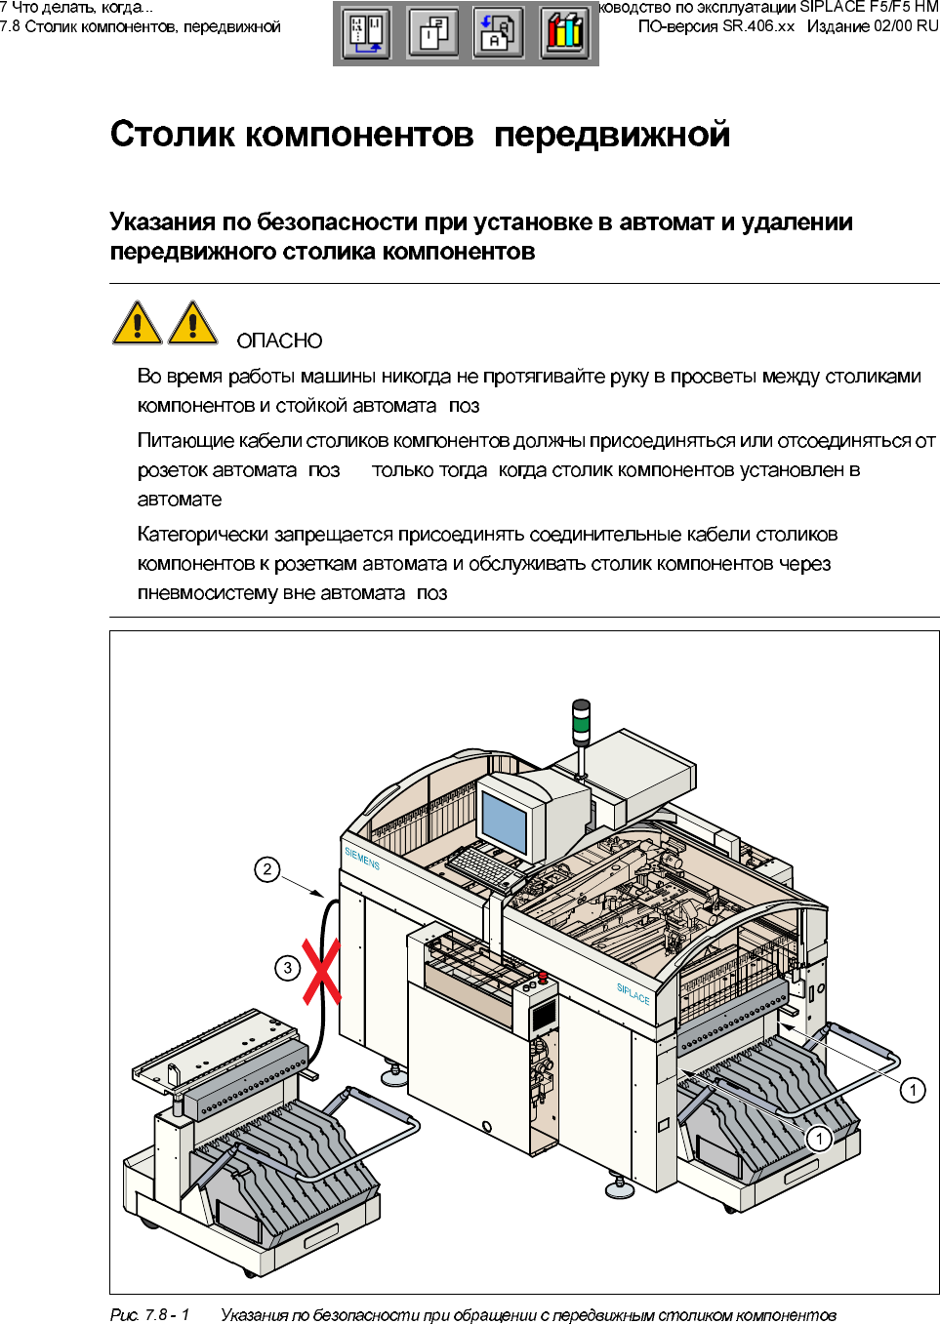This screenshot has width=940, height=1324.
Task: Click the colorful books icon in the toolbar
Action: point(565,32)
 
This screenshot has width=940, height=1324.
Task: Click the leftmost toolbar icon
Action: point(367,32)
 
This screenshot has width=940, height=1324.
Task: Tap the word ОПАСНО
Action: point(279,341)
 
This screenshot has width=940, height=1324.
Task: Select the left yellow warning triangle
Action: point(138,323)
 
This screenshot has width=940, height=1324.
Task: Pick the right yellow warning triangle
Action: point(193,323)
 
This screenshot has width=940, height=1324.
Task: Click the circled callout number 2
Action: point(266,869)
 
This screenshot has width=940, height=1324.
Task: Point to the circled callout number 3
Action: point(287,968)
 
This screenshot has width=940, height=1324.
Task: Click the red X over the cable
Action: point(321,972)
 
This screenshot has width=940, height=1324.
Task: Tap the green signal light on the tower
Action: point(581,723)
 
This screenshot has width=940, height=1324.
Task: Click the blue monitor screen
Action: point(505,822)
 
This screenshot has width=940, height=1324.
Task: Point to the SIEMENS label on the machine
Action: point(361,859)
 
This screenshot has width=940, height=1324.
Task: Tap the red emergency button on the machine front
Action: point(543,976)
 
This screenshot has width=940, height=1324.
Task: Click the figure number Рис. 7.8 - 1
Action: point(150,1314)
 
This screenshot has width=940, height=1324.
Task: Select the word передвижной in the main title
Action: point(611,135)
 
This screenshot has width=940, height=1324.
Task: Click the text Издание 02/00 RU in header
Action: point(872,26)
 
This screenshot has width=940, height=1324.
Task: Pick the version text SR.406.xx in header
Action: point(758,26)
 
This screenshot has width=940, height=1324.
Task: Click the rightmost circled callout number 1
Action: point(912,1090)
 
